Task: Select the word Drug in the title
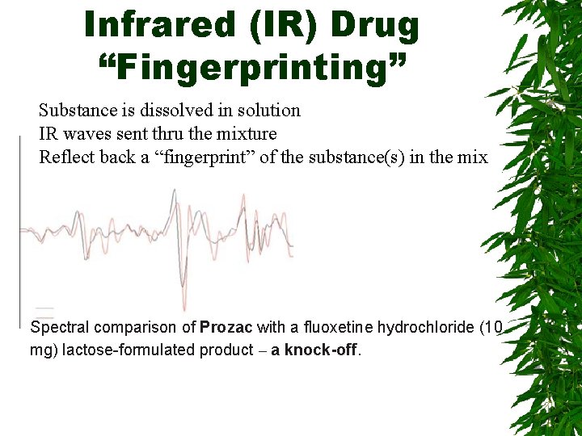pos(373,25)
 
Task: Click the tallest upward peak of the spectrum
pos(174,191)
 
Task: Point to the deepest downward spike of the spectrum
pos(183,307)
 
